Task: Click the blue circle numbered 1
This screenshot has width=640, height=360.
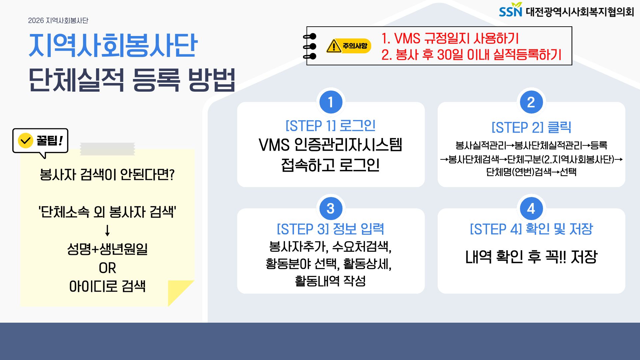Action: point(331,102)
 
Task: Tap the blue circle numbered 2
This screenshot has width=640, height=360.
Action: point(531,102)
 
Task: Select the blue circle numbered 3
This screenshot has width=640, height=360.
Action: point(331,208)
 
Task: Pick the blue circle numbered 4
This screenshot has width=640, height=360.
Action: point(531,208)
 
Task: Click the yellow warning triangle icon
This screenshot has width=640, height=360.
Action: point(334,46)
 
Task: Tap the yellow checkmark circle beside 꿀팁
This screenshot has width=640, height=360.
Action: point(25,141)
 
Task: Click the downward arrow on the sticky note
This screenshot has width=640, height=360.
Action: point(107,230)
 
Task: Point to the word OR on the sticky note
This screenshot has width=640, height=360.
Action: point(107,268)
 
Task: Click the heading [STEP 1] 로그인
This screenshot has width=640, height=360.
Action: point(331,126)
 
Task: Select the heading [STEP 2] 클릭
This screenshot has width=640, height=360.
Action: point(531,127)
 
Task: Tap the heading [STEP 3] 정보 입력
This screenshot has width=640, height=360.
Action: point(331,229)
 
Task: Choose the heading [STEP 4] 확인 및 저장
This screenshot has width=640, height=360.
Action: point(531,229)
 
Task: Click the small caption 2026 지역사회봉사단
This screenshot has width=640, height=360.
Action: point(58,21)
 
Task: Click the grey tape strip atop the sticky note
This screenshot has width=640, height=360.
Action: point(107,149)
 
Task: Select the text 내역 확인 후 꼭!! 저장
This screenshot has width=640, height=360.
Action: point(531,257)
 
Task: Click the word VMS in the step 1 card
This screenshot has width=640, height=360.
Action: point(274,145)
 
